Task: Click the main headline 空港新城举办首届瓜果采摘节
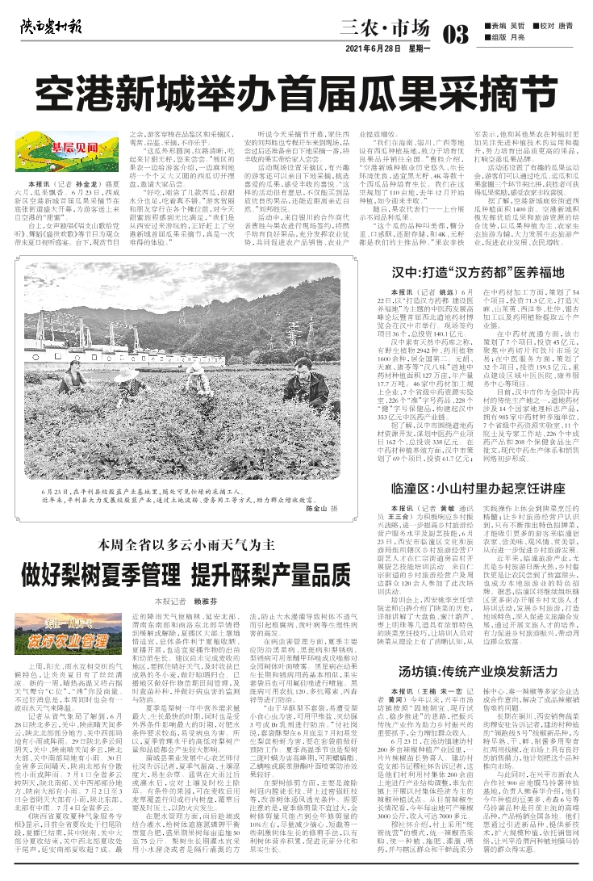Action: (x=296, y=88)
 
